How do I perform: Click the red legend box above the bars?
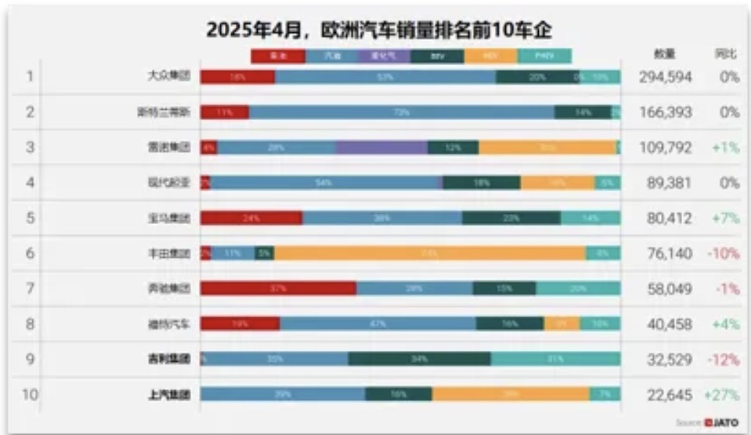tap(277, 56)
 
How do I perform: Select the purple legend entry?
tap(384, 56)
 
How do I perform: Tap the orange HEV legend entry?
tap(490, 56)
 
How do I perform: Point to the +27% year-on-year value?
tap(722, 395)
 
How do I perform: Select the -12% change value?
tap(724, 360)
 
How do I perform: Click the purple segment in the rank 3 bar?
tap(381, 147)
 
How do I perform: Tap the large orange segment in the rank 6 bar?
tap(430, 253)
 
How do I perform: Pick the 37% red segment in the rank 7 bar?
tap(278, 289)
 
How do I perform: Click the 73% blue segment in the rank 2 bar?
tap(401, 112)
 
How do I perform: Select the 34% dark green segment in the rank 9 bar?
tap(419, 359)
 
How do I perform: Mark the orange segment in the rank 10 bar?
tap(510, 394)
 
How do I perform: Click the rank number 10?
tap(29, 395)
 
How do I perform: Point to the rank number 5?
tap(30, 218)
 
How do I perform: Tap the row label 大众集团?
tap(168, 77)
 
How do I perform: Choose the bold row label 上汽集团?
tap(168, 395)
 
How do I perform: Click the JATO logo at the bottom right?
tap(721, 423)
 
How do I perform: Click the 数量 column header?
tap(665, 54)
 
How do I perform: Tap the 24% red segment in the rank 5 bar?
tap(251, 218)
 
